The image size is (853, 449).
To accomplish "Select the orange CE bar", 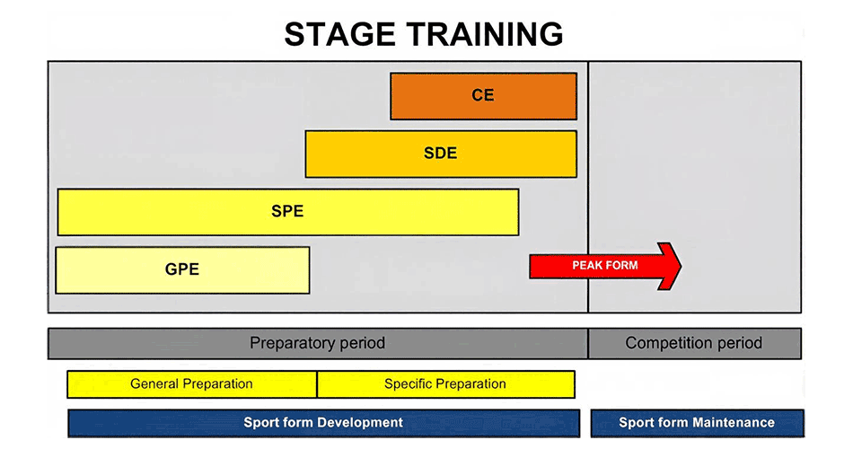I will [x=483, y=96].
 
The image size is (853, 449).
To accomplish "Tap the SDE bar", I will [x=440, y=154].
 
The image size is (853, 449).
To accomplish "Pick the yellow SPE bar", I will [x=287, y=212].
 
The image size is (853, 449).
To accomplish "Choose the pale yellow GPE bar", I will [x=182, y=269].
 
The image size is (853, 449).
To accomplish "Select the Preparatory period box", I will [x=317, y=343].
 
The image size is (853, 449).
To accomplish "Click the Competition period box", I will [x=694, y=343].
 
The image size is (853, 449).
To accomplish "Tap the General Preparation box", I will [x=191, y=383].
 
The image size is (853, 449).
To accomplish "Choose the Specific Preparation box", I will [x=445, y=383].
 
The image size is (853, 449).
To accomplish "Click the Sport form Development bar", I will [x=323, y=422].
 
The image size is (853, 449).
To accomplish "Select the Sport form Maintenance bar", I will [x=697, y=422].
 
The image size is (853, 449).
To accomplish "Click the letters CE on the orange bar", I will [x=483, y=95].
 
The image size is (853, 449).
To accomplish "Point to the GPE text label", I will [x=182, y=269].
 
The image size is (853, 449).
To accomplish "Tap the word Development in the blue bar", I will [x=362, y=422].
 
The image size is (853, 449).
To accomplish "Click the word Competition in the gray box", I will [x=664, y=343].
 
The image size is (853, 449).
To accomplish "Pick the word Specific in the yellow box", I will [x=409, y=383].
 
